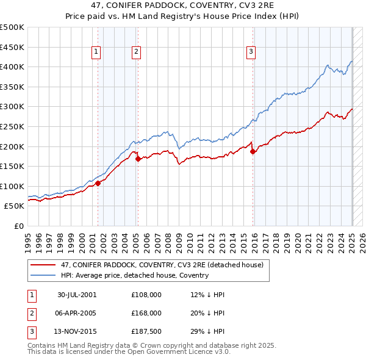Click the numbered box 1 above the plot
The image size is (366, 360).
tap(97, 52)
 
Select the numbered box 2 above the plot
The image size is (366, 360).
tap(136, 52)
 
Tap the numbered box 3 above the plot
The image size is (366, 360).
tap(251, 52)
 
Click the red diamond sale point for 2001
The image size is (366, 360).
tap(98, 183)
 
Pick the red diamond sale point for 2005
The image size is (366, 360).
tap(138, 159)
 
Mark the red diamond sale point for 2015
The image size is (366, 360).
tap(253, 152)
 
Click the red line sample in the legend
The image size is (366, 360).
tap(42, 265)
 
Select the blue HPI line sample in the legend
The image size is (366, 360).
tap(42, 275)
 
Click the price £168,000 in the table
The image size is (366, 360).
tap(146, 313)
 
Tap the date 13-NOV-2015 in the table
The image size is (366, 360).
tap(77, 332)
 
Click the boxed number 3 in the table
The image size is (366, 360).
tap(30, 332)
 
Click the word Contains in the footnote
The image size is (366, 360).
tap(41, 345)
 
